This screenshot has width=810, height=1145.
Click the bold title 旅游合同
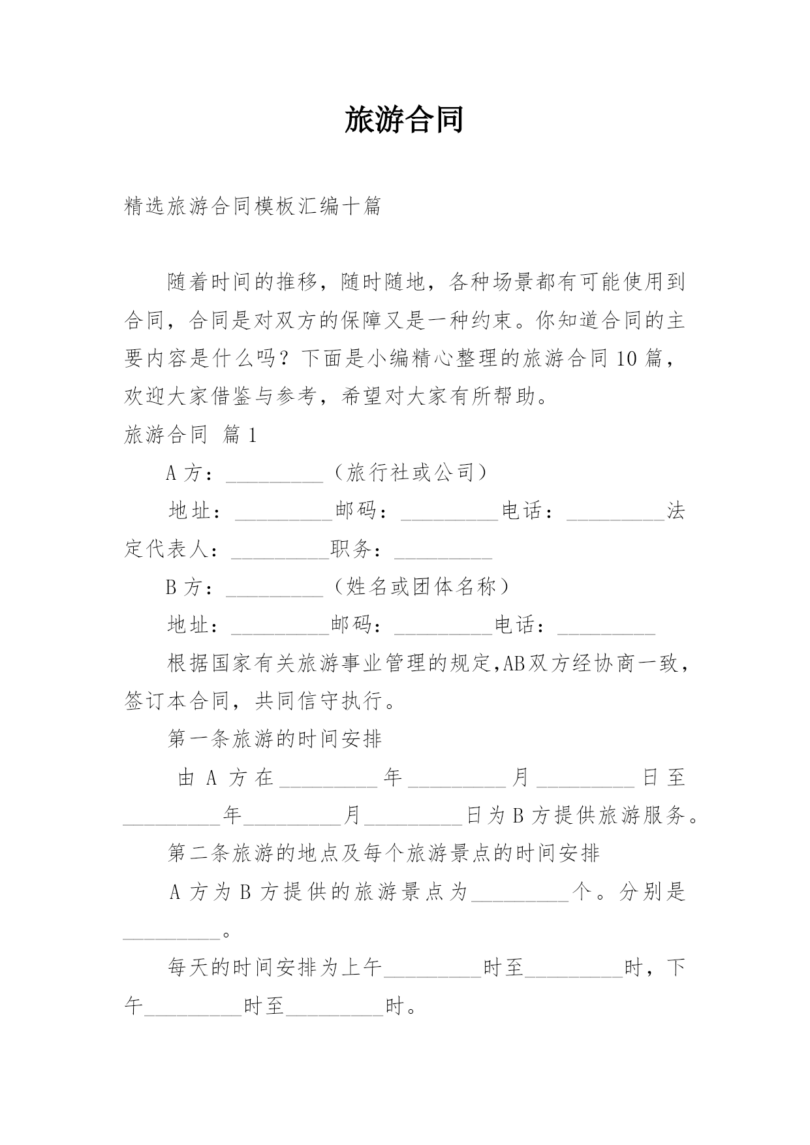coord(404,120)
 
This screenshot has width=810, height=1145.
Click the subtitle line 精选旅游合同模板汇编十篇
coord(253,206)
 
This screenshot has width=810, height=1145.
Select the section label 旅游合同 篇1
coord(191,434)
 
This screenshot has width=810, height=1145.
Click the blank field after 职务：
coord(443,552)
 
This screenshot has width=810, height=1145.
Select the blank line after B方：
coord(274,589)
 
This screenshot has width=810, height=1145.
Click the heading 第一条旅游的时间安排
coord(274,739)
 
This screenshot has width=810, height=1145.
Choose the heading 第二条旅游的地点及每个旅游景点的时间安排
coord(383,853)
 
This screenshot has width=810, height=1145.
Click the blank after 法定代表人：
coord(280,552)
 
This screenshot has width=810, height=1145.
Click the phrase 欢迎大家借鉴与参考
coord(220,396)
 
